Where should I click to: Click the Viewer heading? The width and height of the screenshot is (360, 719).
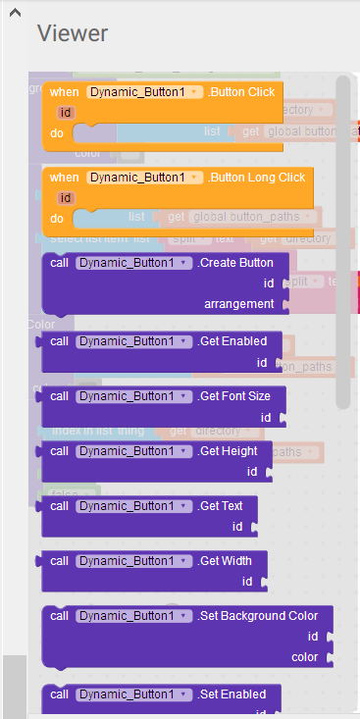(x=73, y=33)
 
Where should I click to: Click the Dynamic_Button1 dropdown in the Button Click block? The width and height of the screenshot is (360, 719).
(x=145, y=92)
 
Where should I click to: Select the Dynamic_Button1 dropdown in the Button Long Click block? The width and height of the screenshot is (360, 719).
(x=145, y=178)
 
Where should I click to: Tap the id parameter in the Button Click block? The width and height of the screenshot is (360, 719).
(x=67, y=112)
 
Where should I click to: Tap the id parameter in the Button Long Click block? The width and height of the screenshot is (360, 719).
(x=67, y=197)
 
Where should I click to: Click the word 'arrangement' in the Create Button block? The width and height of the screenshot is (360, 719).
(x=239, y=304)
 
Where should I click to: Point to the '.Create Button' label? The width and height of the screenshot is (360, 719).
(x=235, y=263)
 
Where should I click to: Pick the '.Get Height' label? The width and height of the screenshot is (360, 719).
(x=228, y=451)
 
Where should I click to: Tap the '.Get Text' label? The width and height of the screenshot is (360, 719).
(x=221, y=506)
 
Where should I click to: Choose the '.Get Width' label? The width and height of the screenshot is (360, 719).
(x=225, y=561)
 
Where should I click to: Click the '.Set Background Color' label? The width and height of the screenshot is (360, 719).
(x=258, y=616)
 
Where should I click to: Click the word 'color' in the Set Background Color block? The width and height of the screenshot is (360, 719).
(x=305, y=657)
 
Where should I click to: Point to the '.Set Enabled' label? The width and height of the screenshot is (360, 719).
(x=232, y=694)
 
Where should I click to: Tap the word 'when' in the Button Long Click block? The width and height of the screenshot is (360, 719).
(x=65, y=178)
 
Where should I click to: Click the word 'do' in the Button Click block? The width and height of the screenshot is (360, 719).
(x=57, y=131)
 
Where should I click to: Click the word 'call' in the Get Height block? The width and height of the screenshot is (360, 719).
(x=60, y=451)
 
